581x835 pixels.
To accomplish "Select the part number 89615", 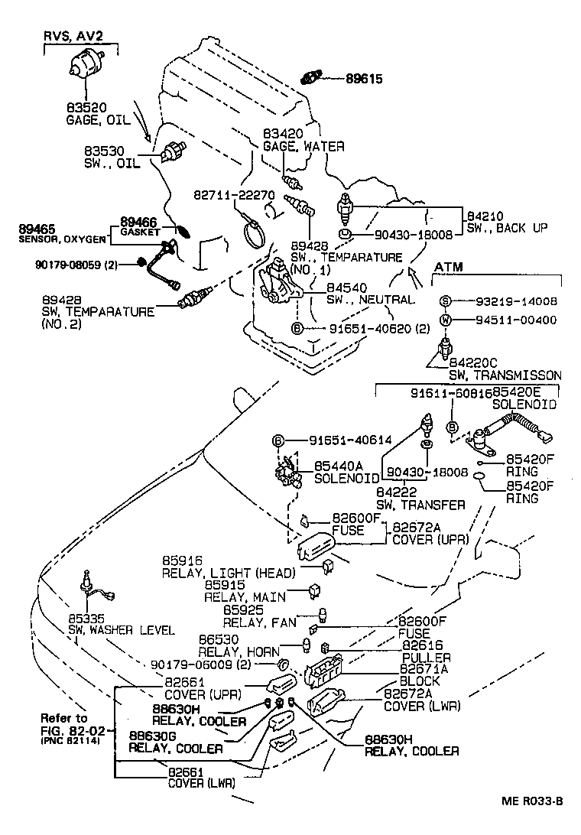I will click(363, 78).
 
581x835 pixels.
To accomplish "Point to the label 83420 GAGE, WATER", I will click(303, 140).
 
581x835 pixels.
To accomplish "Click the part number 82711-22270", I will click(233, 195).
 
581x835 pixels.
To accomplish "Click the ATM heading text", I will click(449, 267).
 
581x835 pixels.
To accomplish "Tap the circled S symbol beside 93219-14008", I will click(445, 301).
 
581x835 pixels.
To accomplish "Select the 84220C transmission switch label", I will click(505, 369).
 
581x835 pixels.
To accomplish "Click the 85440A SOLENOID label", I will click(344, 471).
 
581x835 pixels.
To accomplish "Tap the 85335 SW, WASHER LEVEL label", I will click(118, 624).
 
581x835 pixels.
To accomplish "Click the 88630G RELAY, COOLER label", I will click(176, 742).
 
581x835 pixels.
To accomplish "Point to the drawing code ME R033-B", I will click(532, 801).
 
